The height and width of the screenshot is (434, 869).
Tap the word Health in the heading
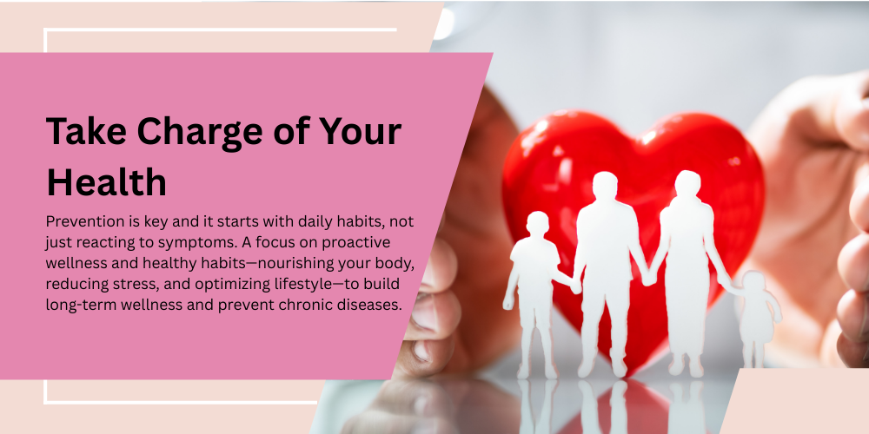point(106,182)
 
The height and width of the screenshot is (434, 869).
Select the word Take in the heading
point(87,131)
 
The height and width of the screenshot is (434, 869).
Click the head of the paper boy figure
point(538,224)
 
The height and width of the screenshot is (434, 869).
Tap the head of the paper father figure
point(605,186)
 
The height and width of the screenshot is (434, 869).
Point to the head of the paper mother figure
point(687,184)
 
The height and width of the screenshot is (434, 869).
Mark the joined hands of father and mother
point(647,278)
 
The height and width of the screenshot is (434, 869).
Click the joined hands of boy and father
point(575,286)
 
